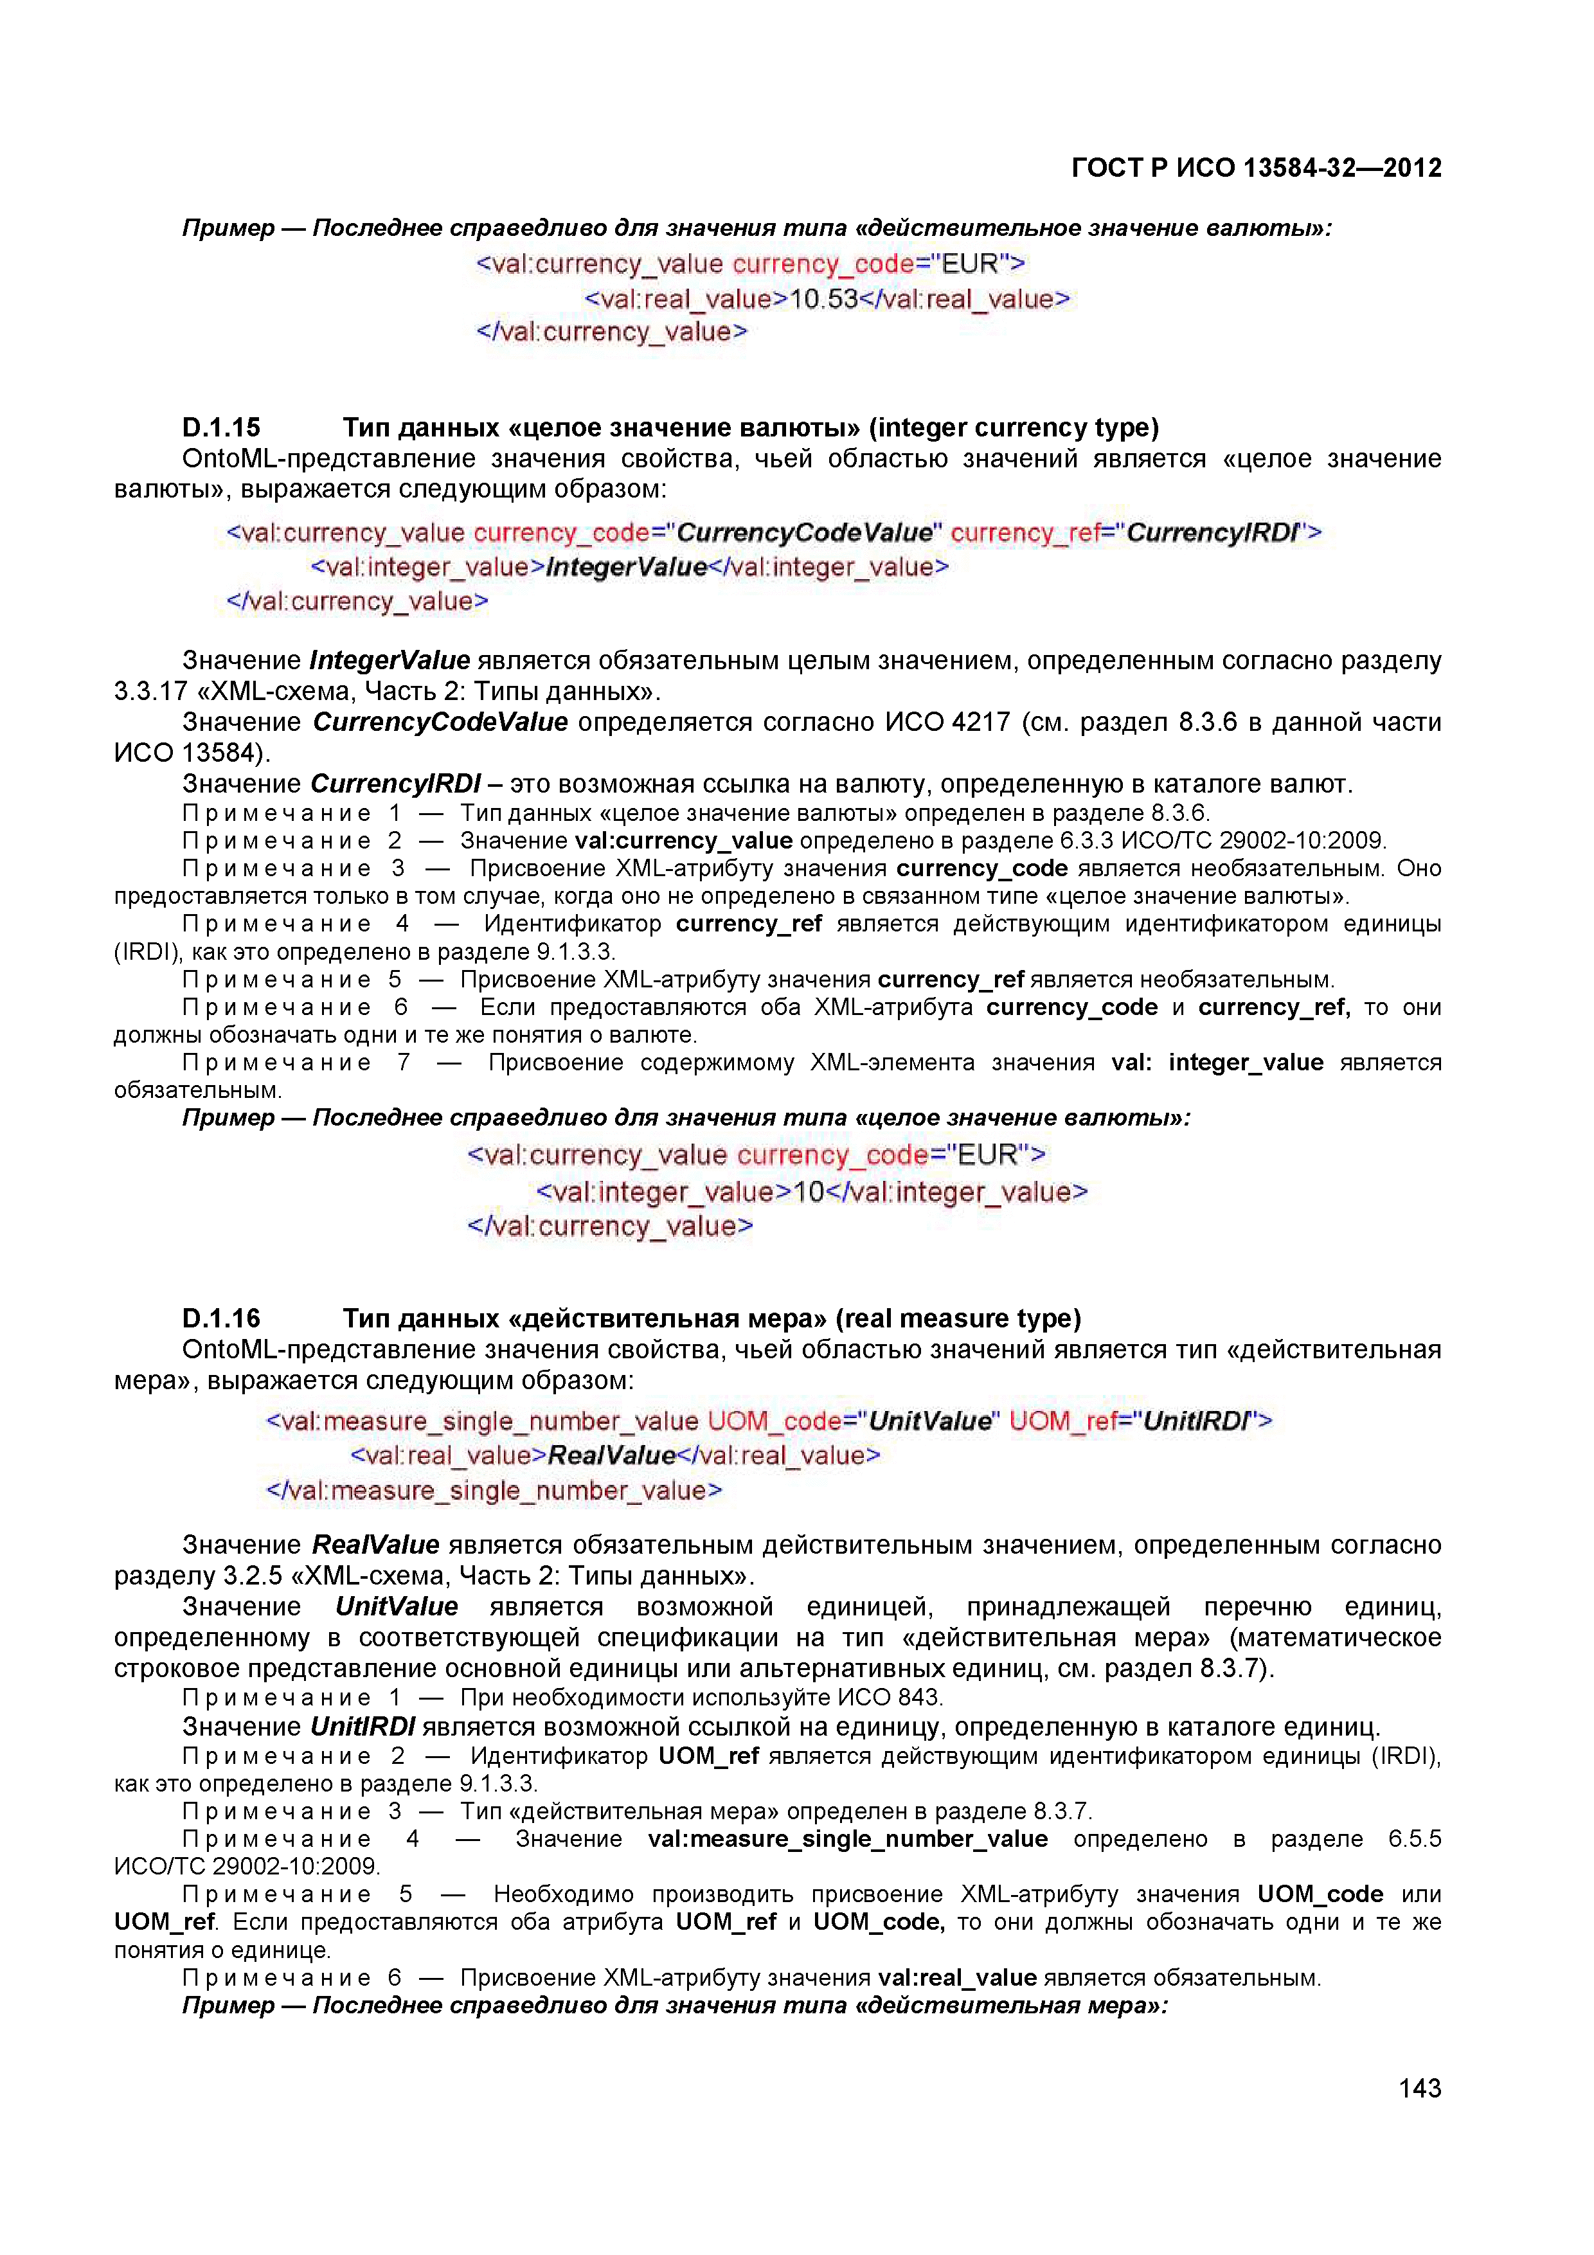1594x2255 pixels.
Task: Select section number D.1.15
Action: coord(221,427)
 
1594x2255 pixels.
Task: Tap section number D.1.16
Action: coord(221,1318)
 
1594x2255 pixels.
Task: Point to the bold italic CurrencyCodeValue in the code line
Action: coord(804,532)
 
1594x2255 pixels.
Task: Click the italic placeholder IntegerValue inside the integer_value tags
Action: coord(627,567)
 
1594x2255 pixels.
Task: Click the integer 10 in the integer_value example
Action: coord(809,1191)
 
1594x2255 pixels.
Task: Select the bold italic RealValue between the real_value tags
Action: coord(611,1455)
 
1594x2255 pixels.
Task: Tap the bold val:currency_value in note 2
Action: coord(684,841)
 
